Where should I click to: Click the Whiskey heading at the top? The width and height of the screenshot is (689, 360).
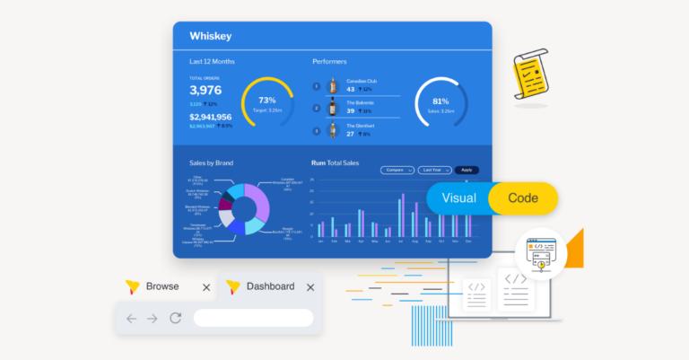pos(211,36)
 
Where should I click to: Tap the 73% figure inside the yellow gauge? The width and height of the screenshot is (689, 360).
pos(266,100)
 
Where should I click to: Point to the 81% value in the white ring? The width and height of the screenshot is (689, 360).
pos(440,101)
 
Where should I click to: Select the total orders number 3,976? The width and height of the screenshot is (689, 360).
pos(205,90)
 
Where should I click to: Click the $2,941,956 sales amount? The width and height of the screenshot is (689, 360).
pos(210,117)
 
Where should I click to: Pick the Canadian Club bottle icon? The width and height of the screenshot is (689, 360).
pos(333,86)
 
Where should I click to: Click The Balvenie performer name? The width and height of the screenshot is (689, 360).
pos(360,102)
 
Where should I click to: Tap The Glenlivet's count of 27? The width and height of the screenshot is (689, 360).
pos(351,134)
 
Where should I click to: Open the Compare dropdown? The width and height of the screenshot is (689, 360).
pos(397,170)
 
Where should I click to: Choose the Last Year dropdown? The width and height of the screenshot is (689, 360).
pos(434,170)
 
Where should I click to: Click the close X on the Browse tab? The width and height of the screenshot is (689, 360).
pos(206,287)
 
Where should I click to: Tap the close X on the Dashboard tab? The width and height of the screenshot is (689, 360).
pos(310,287)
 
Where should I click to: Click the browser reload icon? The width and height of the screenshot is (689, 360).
pos(176,318)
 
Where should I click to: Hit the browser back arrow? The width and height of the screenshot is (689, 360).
pos(131,318)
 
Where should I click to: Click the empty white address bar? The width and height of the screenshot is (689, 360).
pos(253,318)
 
